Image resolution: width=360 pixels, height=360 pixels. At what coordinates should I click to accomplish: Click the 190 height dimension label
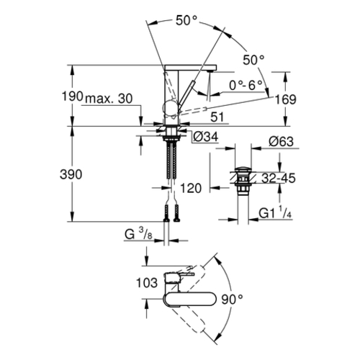(73, 96)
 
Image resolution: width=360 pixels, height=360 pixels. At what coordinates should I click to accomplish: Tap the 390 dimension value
(71, 174)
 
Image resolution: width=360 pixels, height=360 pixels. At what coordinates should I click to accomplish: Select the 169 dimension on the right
(286, 99)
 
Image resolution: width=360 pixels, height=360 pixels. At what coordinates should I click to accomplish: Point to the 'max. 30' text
(109, 99)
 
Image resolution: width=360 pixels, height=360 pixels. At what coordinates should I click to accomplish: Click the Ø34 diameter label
(206, 137)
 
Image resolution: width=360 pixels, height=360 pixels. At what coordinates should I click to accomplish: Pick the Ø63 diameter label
(281, 141)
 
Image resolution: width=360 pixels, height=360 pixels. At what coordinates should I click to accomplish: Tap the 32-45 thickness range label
(279, 179)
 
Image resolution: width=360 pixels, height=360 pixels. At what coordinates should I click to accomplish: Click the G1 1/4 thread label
(275, 212)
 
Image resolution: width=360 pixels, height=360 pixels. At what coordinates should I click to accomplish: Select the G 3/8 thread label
(138, 233)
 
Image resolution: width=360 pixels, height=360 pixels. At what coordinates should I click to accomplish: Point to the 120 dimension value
(191, 189)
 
